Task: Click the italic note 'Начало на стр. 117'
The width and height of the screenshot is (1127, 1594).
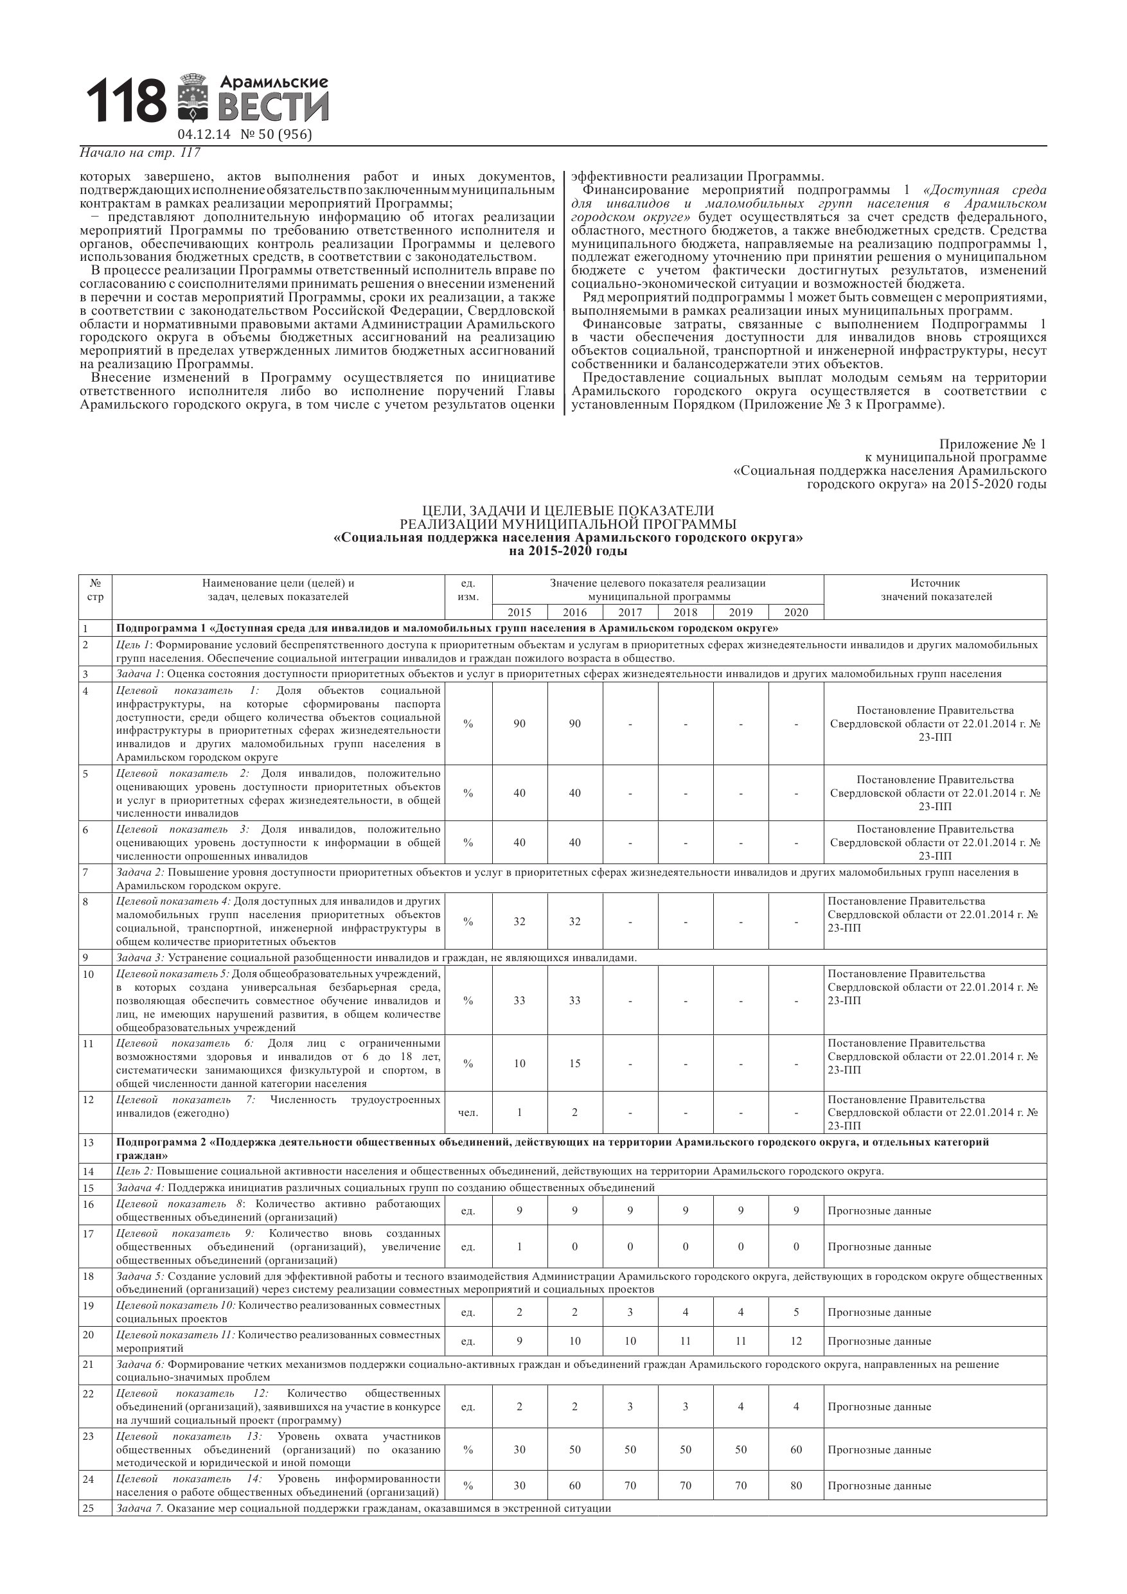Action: (x=140, y=153)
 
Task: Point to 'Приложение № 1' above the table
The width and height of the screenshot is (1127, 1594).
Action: (x=992, y=443)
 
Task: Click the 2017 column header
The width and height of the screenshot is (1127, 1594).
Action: (x=630, y=612)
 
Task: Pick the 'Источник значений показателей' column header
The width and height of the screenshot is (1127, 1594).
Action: (x=936, y=590)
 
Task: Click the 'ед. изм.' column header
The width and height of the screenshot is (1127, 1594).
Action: (x=468, y=590)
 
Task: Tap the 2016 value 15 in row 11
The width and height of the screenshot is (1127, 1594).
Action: (x=574, y=1063)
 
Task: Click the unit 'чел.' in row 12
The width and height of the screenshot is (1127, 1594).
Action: (x=468, y=1113)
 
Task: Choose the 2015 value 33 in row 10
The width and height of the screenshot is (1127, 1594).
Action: (x=519, y=1000)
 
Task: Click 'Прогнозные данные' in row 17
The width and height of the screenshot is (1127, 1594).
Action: (x=879, y=1247)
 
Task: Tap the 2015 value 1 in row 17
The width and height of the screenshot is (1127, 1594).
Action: (x=519, y=1247)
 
